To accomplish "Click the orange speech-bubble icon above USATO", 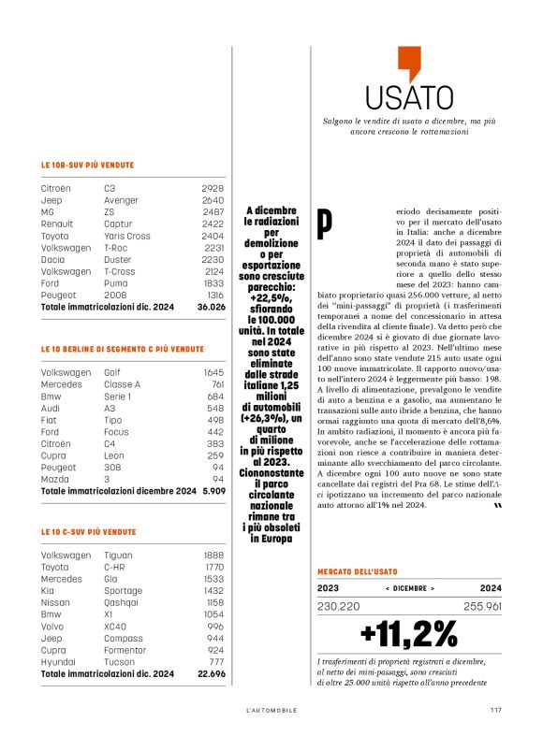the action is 409,63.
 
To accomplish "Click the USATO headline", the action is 409,97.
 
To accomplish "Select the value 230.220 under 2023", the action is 339,606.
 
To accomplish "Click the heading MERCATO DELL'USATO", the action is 355,570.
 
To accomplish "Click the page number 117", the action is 495,709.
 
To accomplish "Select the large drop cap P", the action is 325,222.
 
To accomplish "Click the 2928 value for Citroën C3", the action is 213,188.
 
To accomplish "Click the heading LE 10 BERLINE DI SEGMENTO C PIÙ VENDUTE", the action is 122,349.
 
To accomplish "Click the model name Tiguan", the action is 120,555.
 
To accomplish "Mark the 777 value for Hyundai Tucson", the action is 216,662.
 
